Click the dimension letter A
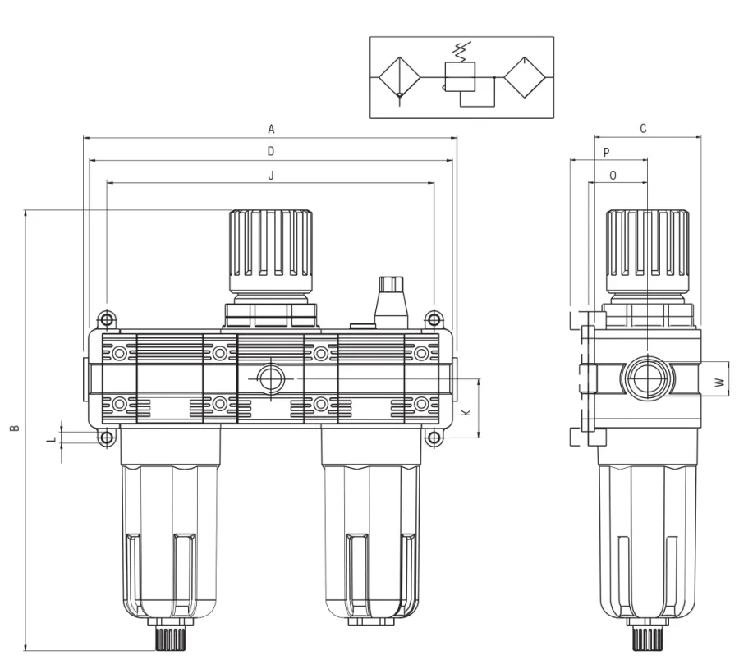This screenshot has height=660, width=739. [x=271, y=129]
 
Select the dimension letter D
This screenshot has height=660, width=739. [x=271, y=151]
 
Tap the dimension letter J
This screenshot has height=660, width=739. [x=271, y=175]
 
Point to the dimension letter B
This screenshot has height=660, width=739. [x=16, y=429]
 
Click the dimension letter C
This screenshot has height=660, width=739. [x=643, y=128]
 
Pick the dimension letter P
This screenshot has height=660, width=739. [x=607, y=152]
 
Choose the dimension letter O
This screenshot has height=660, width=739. [x=613, y=175]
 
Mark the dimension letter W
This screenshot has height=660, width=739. [x=719, y=382]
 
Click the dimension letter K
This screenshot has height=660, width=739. [x=466, y=413]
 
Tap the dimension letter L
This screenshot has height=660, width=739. [x=53, y=439]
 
